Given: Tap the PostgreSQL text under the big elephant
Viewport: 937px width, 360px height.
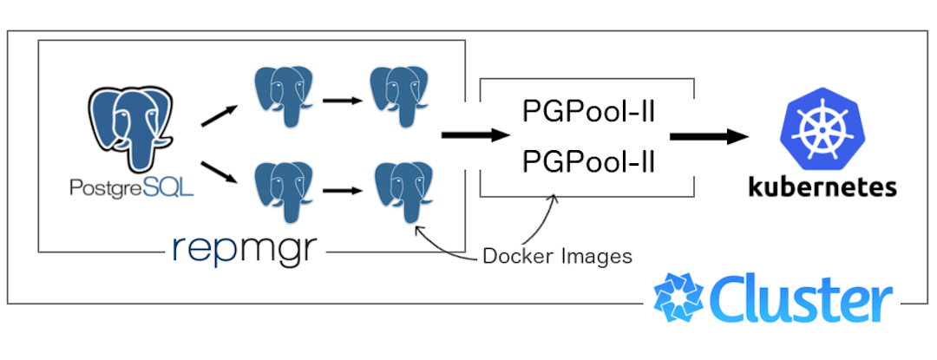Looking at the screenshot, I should point(133,186).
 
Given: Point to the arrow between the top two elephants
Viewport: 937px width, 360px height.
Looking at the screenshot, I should point(342,100).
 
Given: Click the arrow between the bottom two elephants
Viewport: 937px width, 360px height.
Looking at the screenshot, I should point(342,190).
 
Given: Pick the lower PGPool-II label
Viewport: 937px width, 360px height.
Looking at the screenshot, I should point(587,162).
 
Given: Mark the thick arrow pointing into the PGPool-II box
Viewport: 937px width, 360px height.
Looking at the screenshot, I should point(474,135).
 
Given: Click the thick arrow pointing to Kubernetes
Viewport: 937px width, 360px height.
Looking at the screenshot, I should point(708,136).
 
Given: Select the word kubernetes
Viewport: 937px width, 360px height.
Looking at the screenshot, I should point(822,187).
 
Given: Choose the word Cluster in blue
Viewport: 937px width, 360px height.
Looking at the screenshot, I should point(802,300).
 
